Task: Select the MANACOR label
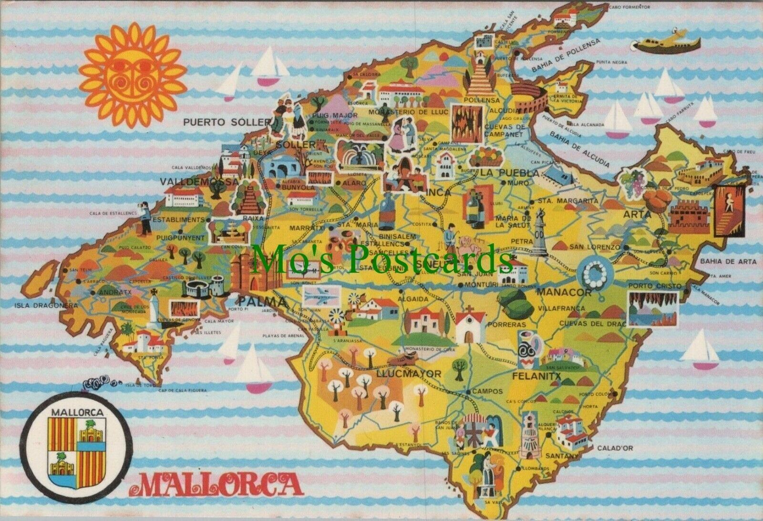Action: [x=564, y=293]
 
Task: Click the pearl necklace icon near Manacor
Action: [x=593, y=273]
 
